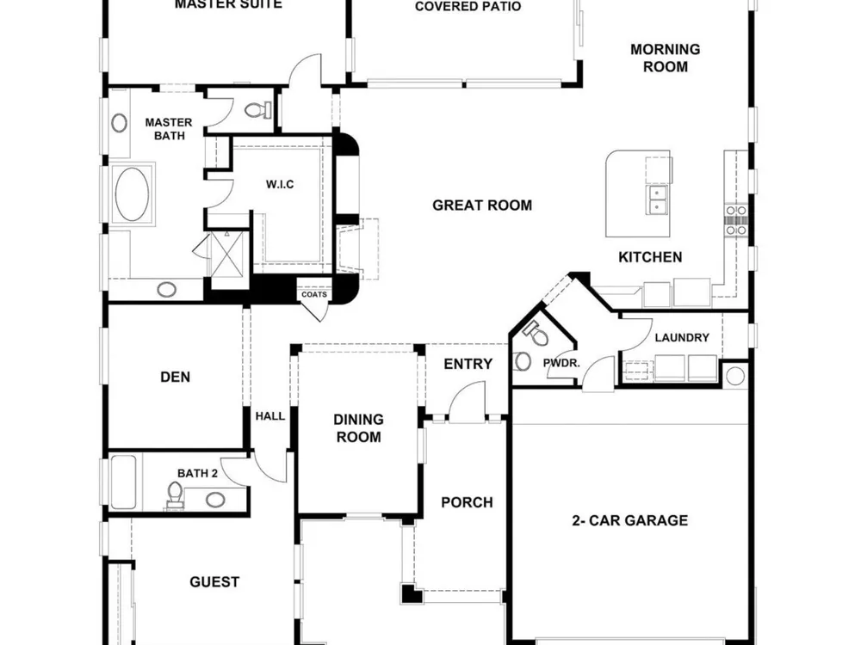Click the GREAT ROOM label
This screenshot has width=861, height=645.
coord(482,206)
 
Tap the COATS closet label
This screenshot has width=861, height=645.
coord(314,294)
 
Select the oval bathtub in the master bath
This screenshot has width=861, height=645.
coord(132,194)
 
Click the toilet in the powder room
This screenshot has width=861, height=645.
coord(536,334)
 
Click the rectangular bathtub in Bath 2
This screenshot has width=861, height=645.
coord(123,482)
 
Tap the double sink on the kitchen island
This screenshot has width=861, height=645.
coord(658,200)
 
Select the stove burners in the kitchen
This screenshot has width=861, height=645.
coord(736,220)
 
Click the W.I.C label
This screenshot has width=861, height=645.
coord(280,184)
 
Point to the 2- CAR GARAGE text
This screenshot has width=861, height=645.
coord(630,520)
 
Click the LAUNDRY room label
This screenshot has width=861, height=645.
coord(682,337)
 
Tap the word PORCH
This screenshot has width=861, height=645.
coord(467,502)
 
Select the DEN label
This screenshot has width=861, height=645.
coord(175,377)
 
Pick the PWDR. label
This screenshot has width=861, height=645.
coord(561,363)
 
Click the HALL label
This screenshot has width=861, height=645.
coord(270,416)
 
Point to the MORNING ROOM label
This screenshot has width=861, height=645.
coord(665,58)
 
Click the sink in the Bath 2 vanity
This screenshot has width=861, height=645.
coord(215,500)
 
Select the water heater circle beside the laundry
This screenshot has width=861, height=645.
coord(735,377)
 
